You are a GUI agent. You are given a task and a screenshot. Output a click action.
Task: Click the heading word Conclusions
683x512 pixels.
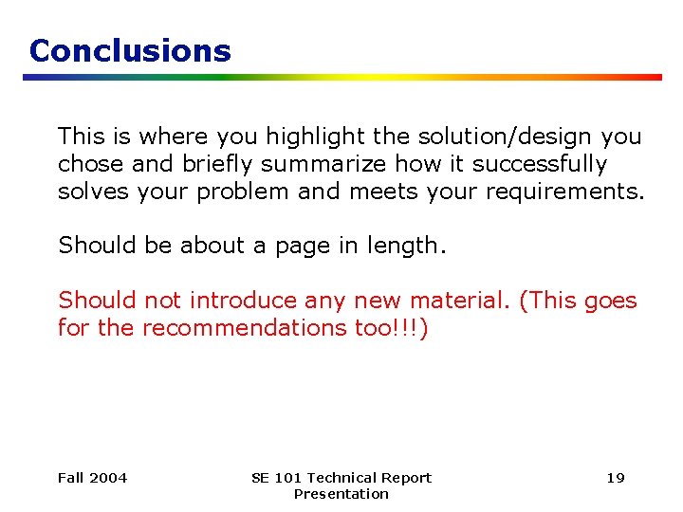point(130,50)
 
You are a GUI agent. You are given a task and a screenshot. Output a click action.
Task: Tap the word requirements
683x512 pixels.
point(564,192)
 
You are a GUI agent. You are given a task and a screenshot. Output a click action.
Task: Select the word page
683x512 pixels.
point(299,246)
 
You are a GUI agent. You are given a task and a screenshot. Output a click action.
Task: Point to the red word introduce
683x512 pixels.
point(243,301)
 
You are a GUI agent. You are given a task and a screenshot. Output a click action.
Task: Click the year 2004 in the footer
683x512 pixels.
point(107,478)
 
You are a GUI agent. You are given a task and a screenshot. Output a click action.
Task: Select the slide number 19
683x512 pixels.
point(616,478)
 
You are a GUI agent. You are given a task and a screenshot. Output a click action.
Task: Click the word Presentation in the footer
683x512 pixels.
point(341,494)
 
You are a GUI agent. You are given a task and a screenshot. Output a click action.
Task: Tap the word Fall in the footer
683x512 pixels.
point(70,478)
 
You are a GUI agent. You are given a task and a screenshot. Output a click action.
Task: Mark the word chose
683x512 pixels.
point(90,164)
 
